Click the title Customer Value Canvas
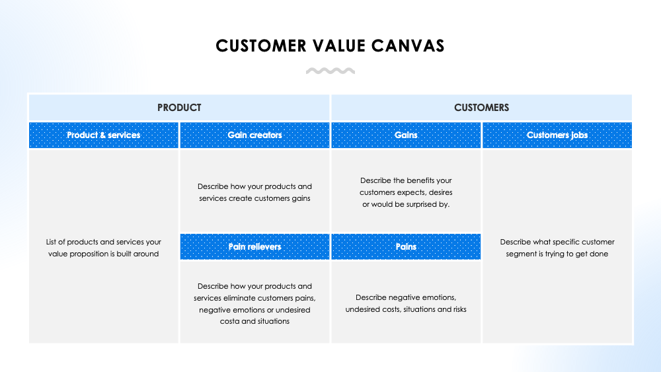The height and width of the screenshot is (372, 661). point(330,46)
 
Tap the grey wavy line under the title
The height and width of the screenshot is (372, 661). point(330,71)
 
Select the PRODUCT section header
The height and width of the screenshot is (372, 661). point(179,107)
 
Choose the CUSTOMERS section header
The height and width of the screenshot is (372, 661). point(481,107)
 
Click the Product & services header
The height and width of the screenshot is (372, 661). point(104,135)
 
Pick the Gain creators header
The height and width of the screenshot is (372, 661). point(254,135)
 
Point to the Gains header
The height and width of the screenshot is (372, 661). point(406,135)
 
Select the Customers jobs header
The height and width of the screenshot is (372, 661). point(557,135)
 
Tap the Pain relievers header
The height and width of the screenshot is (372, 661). point(254,246)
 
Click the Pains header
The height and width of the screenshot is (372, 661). point(406,246)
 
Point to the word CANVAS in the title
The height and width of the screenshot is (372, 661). point(410,46)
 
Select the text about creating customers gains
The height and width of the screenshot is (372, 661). point(254,192)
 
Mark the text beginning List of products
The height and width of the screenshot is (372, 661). point(104,248)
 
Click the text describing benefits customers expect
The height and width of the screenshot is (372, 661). point(406,192)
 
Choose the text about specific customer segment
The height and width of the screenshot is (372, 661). point(557,248)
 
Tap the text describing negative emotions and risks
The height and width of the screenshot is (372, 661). point(406,303)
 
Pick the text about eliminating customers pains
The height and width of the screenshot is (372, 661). point(254,303)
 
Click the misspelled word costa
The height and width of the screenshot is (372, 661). point(230,321)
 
